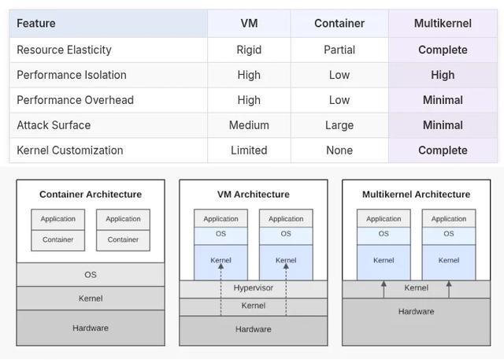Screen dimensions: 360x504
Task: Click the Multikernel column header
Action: [443, 24]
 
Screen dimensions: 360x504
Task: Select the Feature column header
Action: [36, 24]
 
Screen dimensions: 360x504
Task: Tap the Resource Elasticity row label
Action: [64, 50]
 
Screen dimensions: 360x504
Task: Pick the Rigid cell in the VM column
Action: [249, 50]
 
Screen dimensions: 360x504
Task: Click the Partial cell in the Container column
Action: [339, 50]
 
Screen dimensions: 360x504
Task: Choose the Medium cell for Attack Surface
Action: [249, 125]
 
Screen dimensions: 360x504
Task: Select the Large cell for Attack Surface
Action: [339, 125]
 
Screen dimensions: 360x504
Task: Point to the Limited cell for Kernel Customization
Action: [249, 150]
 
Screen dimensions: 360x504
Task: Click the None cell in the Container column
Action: [339, 150]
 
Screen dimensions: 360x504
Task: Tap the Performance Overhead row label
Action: [75, 100]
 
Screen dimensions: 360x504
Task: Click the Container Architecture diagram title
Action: [91, 195]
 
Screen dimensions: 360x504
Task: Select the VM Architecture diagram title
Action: [253, 195]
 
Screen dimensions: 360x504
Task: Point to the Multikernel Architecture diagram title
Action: [416, 195]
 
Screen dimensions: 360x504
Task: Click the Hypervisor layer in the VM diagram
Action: [253, 288]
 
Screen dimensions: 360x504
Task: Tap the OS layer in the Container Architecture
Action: [91, 275]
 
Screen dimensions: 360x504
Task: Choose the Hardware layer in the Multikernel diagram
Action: [416, 311]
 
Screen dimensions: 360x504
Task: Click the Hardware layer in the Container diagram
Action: [91, 328]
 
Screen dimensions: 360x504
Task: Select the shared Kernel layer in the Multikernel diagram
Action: [416, 288]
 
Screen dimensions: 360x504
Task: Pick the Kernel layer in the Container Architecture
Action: [91, 299]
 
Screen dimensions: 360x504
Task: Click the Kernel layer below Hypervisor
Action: [253, 306]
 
